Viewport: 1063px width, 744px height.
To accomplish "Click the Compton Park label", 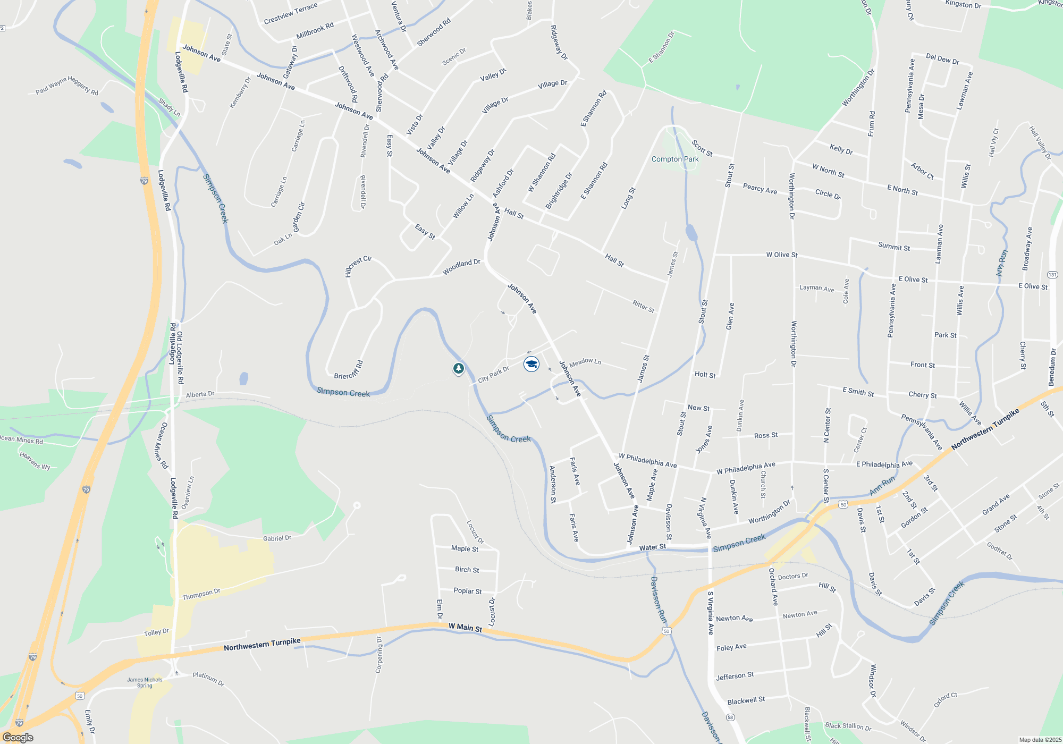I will coord(675,159).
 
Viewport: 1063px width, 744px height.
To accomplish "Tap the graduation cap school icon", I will coord(531,364).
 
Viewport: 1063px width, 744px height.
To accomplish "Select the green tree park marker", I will coord(458,368).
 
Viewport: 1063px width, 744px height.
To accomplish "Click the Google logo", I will coord(18,737).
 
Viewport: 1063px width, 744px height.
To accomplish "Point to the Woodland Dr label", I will coord(461,267).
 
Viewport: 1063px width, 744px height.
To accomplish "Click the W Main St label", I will coord(465,628).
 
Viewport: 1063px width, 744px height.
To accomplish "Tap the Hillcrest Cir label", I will coord(358,266).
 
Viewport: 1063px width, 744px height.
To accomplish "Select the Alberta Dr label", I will coord(200,394).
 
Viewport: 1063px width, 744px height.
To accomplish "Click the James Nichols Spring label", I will coord(145,682).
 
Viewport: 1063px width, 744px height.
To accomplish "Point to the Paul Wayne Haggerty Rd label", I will coord(67,86).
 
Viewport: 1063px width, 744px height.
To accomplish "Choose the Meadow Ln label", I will coord(585,362).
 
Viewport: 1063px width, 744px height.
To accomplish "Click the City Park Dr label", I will coord(493,374).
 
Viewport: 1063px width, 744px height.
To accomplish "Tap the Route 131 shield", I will coord(1052,275).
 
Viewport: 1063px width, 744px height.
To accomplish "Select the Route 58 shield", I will coord(731,717).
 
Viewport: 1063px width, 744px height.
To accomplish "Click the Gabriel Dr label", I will coord(277,538).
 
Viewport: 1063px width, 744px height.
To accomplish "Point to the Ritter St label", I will coord(643,307).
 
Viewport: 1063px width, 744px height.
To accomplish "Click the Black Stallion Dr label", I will coord(848,726).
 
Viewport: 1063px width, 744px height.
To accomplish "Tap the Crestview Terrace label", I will coord(290,14).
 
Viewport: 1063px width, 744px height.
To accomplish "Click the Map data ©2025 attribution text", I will coord(1040,740).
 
